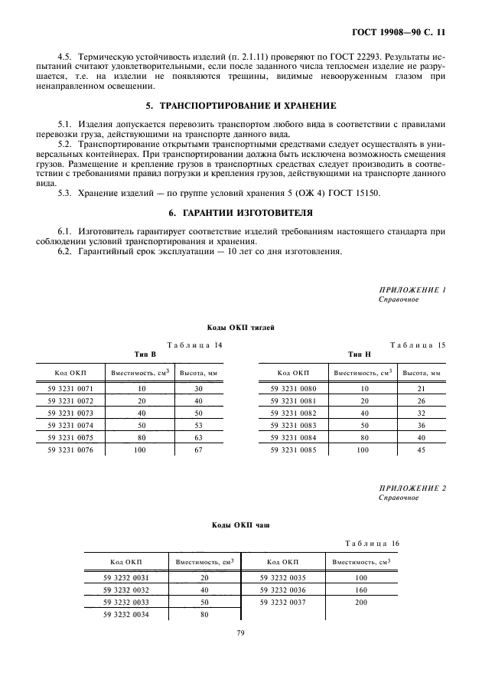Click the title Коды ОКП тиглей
coord(241,327)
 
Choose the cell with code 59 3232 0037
coord(282,602)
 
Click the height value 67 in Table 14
coord(198,449)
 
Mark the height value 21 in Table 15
coord(421,389)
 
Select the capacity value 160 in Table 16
coord(361,590)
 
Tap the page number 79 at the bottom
coord(240,632)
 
